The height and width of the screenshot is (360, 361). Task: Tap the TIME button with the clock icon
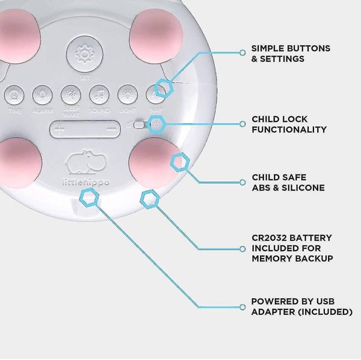16,95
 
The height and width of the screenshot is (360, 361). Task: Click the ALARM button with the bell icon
42,95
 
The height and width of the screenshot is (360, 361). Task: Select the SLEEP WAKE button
70,95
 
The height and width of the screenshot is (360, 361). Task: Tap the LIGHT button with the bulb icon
127,95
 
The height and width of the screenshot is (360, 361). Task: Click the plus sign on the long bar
60,129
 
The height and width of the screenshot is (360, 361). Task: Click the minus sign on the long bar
110,129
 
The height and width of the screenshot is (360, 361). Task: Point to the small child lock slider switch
140,126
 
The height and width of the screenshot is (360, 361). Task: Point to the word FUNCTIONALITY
289,129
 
